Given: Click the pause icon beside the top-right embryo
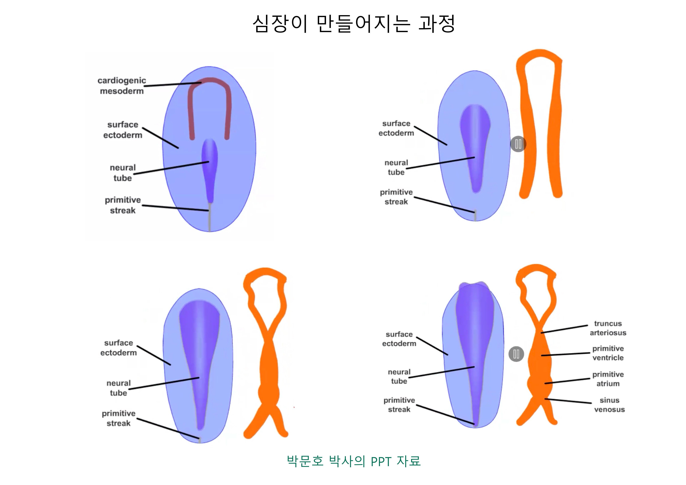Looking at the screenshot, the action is (x=518, y=144).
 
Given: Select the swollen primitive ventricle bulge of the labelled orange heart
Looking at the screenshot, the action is (x=540, y=358).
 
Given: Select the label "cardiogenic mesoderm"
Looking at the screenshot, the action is (x=122, y=86).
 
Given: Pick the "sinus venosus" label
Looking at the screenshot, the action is (x=609, y=405).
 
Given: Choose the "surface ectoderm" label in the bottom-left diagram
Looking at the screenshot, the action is (x=119, y=348).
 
